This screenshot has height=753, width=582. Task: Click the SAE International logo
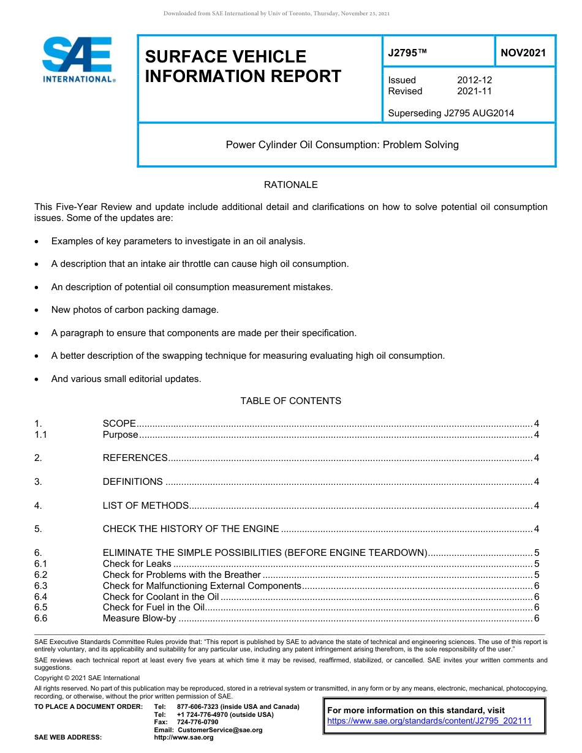[x=78, y=59]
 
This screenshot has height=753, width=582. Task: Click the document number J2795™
[x=407, y=53]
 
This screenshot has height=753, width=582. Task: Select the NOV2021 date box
[x=523, y=53]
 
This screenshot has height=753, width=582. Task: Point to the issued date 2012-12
[x=474, y=80]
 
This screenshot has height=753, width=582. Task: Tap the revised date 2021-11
[x=474, y=91]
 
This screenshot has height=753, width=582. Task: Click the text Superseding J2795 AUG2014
[x=451, y=113]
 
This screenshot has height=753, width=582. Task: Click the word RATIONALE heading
[x=290, y=185]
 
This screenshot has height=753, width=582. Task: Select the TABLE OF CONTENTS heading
[x=290, y=401]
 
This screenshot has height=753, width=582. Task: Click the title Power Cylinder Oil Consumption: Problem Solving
[x=342, y=145]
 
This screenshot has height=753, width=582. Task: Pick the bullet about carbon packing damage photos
[x=135, y=310]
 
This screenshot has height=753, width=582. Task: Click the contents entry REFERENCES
[x=135, y=458]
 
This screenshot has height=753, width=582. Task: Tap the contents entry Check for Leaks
[x=137, y=564]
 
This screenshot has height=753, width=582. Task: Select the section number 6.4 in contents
[x=41, y=597]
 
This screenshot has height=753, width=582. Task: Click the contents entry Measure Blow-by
[x=139, y=619]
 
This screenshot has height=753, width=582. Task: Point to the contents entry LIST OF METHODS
[x=145, y=506]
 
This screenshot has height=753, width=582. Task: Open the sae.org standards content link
[x=429, y=721]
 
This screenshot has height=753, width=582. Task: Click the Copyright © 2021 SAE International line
[x=87, y=678]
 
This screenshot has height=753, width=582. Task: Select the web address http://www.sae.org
[x=184, y=737]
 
